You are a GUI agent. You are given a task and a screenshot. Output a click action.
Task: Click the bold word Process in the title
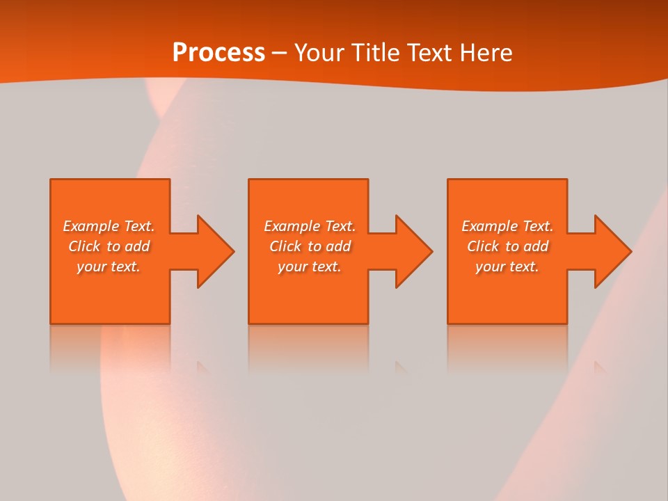[x=218, y=53]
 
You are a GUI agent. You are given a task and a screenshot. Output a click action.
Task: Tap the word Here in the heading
[x=485, y=53]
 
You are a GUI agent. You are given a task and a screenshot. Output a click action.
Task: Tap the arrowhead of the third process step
[x=612, y=251]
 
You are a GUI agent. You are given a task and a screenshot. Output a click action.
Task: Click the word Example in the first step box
[x=91, y=226]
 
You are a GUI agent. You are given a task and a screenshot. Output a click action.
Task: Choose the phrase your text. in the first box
[x=109, y=267]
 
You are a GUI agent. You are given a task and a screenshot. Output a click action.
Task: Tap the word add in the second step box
[x=338, y=246]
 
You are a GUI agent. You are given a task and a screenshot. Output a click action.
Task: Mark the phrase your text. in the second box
[x=310, y=267]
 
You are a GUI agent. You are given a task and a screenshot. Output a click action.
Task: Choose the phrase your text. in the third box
[x=507, y=267]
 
